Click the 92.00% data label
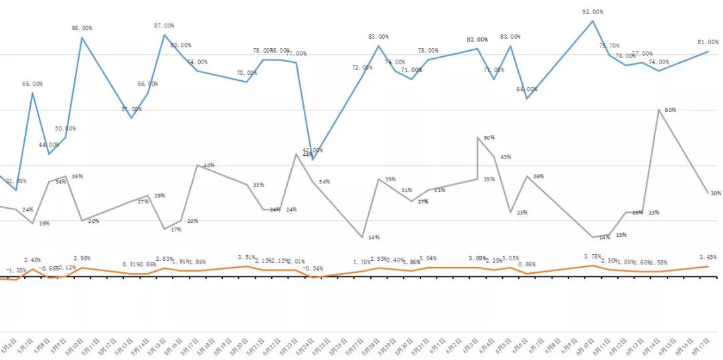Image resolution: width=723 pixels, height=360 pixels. click(x=592, y=12)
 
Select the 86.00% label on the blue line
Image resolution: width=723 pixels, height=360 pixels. click(x=82, y=28)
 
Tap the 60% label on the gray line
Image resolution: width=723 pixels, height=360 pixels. click(x=670, y=110)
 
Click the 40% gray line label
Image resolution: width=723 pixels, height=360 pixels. click(x=209, y=165)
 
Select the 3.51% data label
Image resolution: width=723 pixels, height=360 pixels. click(x=248, y=257)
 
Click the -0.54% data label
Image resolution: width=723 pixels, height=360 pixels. click(x=313, y=269)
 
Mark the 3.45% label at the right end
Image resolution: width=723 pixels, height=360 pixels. click(x=708, y=257)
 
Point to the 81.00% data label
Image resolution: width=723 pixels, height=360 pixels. click(x=708, y=39)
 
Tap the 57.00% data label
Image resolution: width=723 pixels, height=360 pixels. click(x=131, y=109)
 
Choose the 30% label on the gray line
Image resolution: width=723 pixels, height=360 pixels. click(x=716, y=193)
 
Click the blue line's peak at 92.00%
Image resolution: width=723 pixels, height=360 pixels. click(x=592, y=21)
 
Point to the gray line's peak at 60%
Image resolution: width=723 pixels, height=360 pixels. click(x=659, y=109)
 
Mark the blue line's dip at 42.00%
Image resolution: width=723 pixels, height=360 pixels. click(x=313, y=160)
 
